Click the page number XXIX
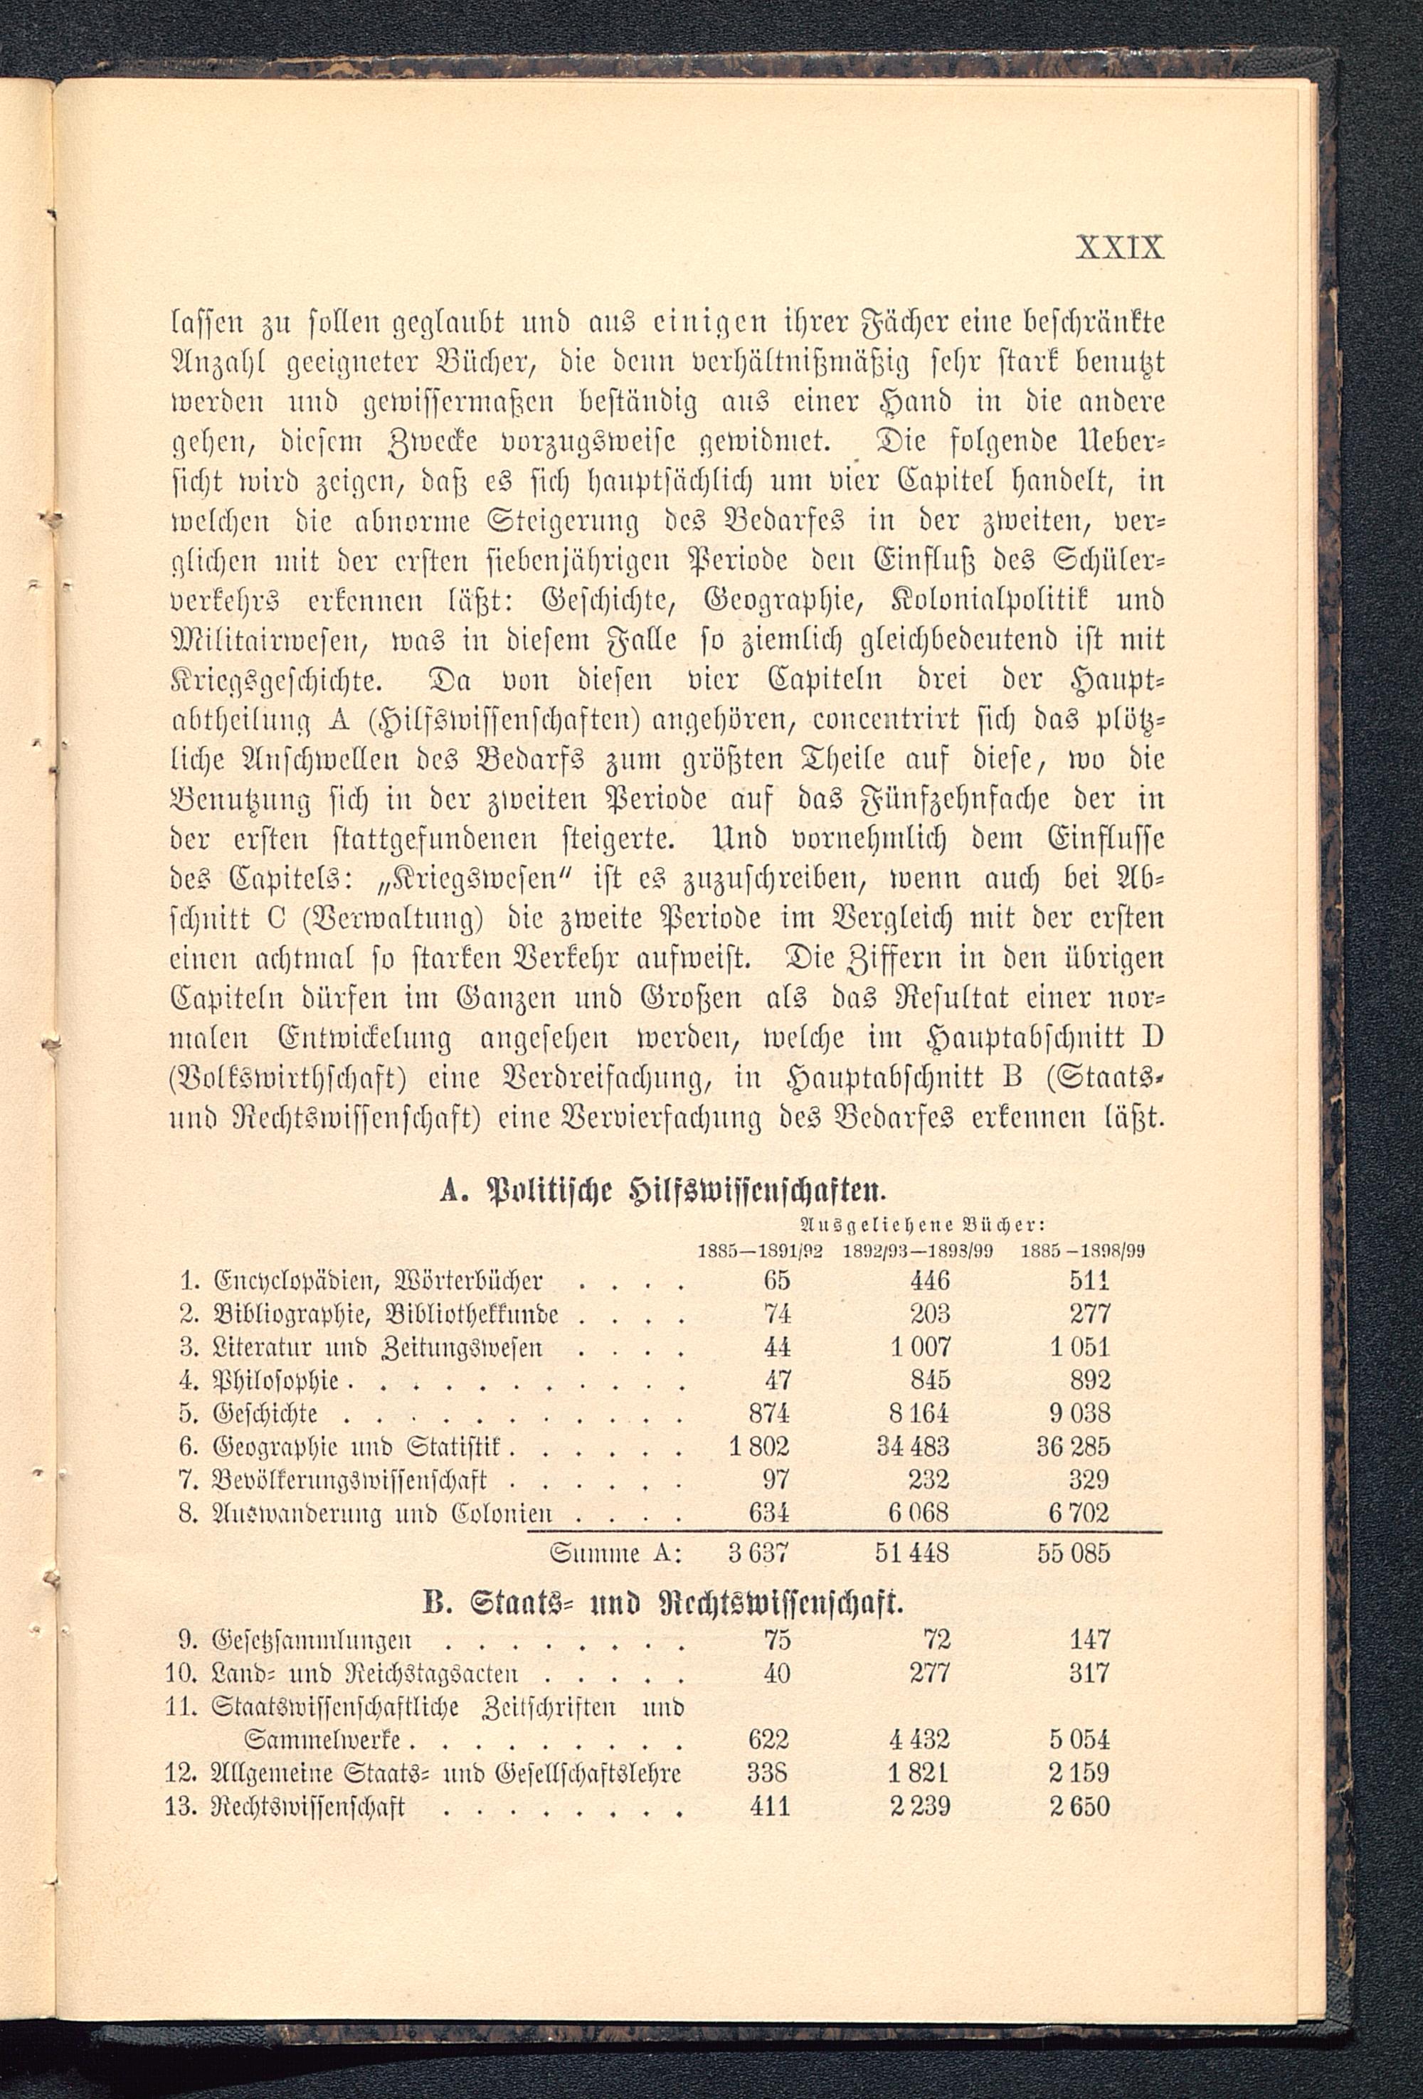click(x=1119, y=248)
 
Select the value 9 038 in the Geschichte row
click(x=1079, y=1413)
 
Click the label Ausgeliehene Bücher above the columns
click(x=923, y=1226)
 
